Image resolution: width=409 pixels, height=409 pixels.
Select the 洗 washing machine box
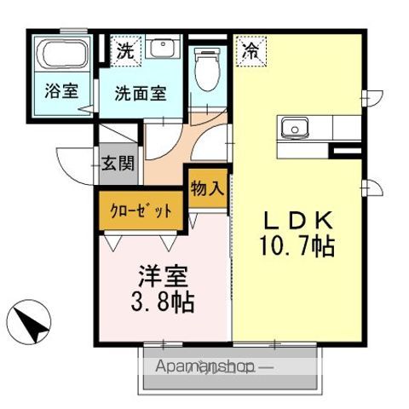[124, 49]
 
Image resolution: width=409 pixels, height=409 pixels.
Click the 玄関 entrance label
[118, 162]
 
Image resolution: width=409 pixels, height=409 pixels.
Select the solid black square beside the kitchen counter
[347, 152]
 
